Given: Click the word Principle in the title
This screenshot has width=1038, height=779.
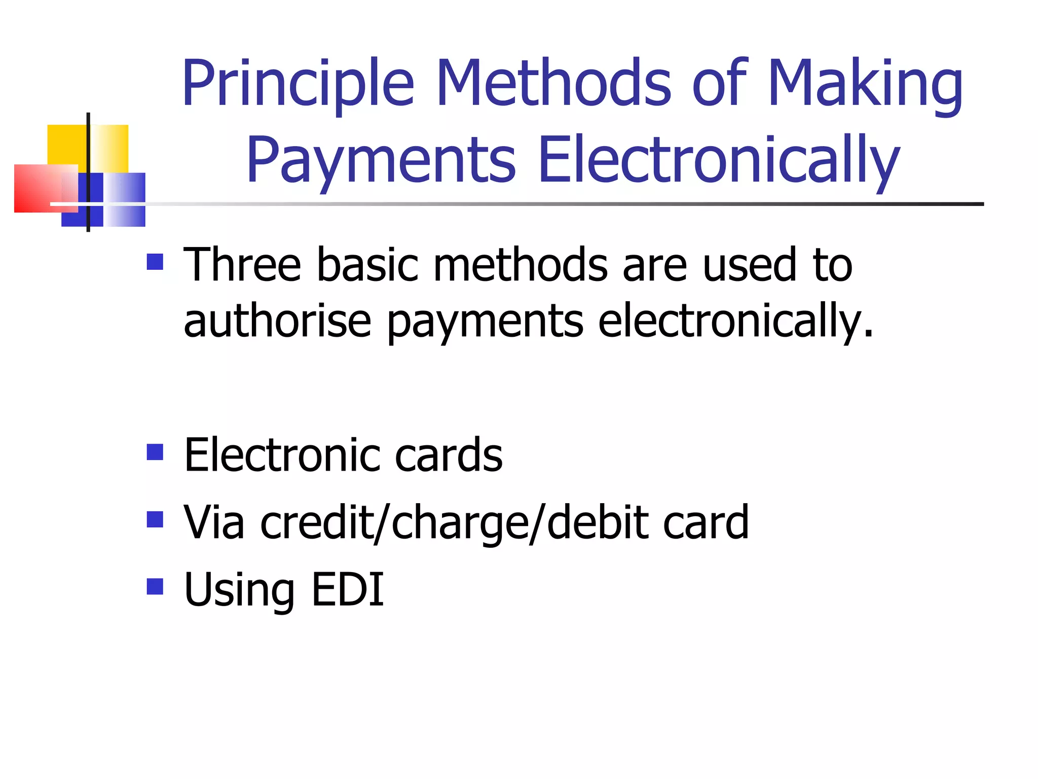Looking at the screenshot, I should coord(298,84).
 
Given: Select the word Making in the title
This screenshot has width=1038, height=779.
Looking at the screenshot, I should coord(865,84).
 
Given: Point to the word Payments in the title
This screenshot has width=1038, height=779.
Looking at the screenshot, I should coord(381,161).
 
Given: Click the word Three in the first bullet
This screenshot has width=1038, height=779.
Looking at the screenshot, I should coord(242,264).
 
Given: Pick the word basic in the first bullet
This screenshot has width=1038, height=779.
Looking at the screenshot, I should coord(367,264).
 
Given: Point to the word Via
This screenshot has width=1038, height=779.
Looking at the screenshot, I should coord(213,522).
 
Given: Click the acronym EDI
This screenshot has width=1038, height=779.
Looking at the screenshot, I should coord(348,589).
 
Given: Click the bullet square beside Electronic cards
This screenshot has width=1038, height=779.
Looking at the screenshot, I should coord(155,452).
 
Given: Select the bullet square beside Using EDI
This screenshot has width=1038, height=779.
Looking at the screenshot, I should coord(155,587).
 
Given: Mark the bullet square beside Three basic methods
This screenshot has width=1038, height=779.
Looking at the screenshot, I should coord(155,262).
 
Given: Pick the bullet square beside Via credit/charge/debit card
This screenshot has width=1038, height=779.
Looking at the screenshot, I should coord(155,519).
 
